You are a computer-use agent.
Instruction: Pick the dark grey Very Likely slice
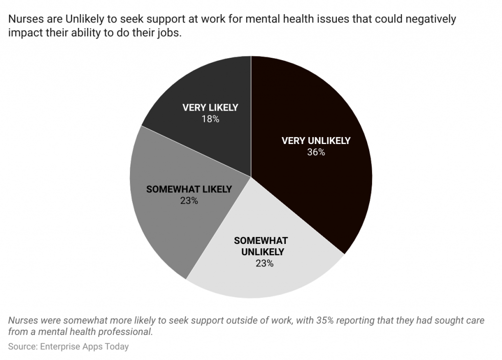click(206, 88)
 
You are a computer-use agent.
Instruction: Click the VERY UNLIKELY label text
click(316, 141)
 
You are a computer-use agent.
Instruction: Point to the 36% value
click(316, 152)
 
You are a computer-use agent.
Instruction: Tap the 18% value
click(210, 119)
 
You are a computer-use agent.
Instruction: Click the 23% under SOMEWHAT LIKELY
click(189, 200)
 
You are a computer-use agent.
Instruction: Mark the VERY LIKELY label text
click(210, 108)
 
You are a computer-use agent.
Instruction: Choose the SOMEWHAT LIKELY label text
click(189, 190)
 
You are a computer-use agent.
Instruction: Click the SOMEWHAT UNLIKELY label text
click(260, 246)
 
